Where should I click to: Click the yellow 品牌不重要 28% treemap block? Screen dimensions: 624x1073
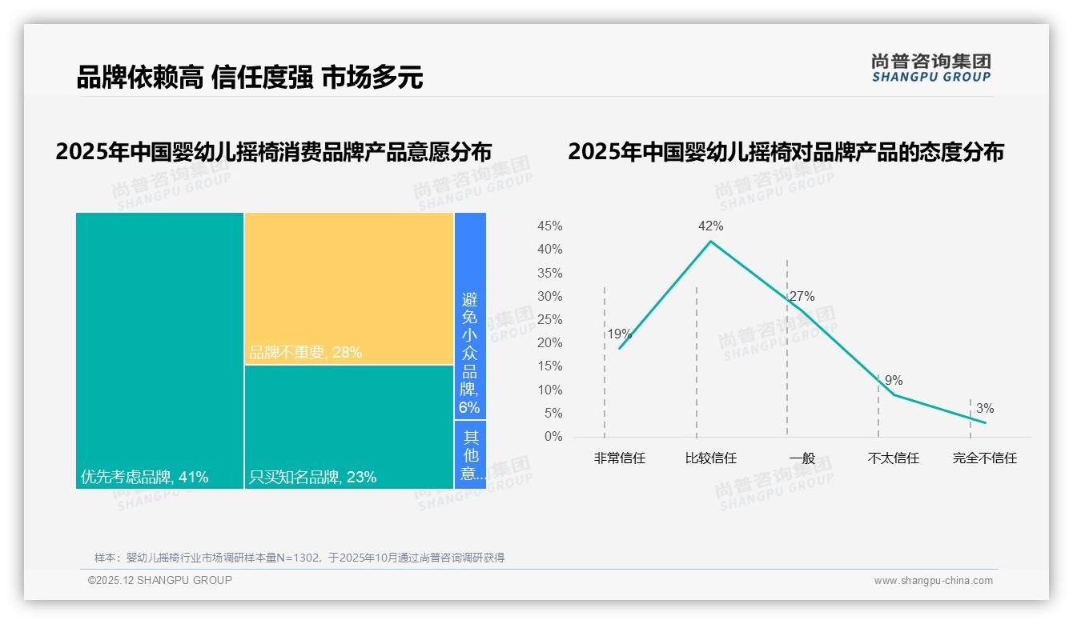coord(349,288)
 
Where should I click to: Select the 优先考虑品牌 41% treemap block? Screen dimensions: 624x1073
coord(159,350)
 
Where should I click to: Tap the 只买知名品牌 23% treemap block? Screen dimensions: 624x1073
coord(349,426)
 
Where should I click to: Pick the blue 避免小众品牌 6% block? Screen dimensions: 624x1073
coord(470,316)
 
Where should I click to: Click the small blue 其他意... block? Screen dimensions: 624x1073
coord(470,454)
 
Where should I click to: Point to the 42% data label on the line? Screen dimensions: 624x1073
coord(710,226)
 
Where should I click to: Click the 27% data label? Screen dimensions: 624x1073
coord(802,297)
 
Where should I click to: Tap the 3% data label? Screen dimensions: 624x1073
coord(985,409)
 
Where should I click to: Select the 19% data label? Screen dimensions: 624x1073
coord(619,334)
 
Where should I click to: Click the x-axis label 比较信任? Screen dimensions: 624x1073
coord(710,458)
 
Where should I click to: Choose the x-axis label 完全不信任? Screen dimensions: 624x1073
coord(984,458)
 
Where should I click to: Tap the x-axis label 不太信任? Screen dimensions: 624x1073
coord(893,458)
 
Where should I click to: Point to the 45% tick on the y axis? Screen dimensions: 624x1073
coord(549,226)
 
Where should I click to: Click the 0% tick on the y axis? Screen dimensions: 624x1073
coord(553,437)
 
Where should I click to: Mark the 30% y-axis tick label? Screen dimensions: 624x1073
coord(549,297)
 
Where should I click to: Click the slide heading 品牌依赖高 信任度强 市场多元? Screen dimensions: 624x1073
coord(250,78)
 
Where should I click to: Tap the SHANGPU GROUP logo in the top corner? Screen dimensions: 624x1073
coord(930,68)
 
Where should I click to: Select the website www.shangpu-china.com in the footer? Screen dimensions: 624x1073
coord(933,581)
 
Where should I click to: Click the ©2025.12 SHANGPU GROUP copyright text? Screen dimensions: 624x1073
coord(160,581)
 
